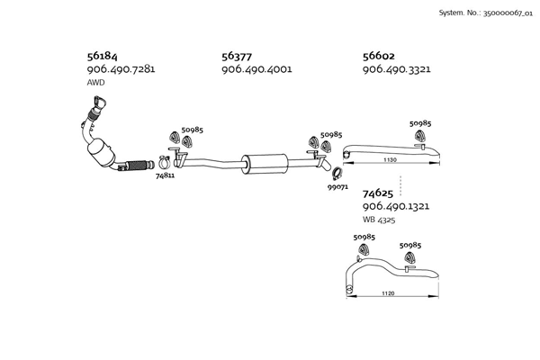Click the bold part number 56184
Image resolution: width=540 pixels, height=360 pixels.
(102, 56)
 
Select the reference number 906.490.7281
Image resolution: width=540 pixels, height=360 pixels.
(121, 69)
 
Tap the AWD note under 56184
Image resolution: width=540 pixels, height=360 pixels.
(95, 83)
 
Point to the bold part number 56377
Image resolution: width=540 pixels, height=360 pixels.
(237, 56)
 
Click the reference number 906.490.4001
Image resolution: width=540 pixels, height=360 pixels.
(256, 69)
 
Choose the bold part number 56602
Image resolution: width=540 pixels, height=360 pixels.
(379, 56)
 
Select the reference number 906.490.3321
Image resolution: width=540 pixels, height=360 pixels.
(396, 69)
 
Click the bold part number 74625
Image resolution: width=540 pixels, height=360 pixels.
(378, 193)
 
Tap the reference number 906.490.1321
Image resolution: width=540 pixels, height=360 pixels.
(396, 206)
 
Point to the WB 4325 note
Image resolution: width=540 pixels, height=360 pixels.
(379, 220)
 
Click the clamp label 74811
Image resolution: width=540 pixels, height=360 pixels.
(165, 175)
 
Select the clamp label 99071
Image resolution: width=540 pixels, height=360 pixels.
(337, 187)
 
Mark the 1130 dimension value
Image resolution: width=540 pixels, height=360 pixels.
(390, 160)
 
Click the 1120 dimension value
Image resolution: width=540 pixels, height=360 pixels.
(388, 293)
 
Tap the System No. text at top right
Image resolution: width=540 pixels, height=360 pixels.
(486, 13)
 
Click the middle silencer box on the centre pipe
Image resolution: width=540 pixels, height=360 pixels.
(265, 164)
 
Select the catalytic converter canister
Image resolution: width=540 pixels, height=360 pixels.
(101, 152)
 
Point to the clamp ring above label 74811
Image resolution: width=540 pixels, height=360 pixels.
(164, 162)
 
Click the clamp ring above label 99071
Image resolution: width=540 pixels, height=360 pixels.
(337, 174)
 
